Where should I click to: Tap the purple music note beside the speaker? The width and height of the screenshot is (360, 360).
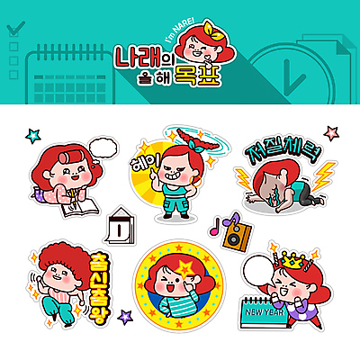coord(220,223)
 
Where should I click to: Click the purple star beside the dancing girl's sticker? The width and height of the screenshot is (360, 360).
coord(125,317)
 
